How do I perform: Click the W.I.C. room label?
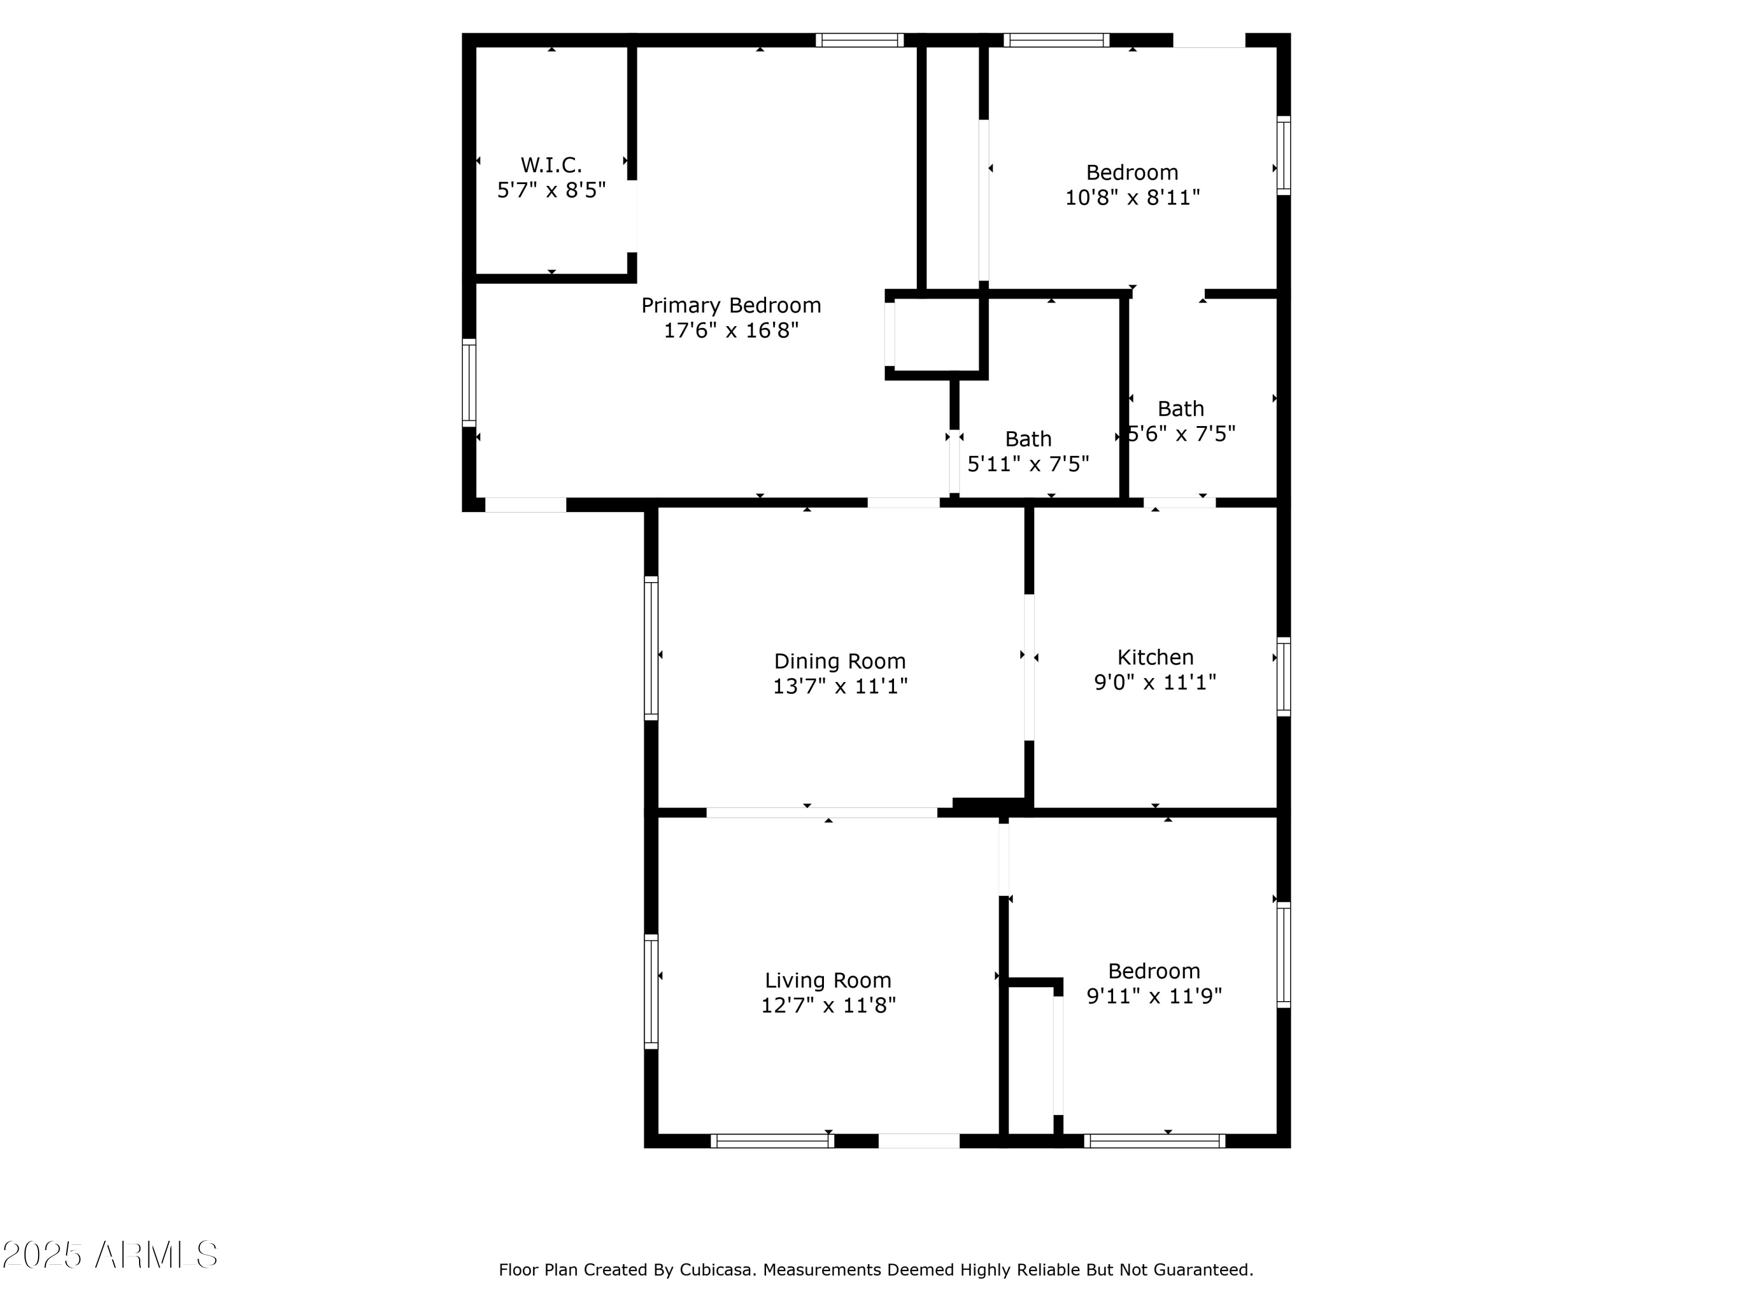pyautogui.click(x=551, y=165)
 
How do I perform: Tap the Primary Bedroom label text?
pyautogui.click(x=730, y=305)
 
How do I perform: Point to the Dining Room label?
pyautogui.click(x=839, y=661)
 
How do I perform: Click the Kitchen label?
pyautogui.click(x=1155, y=657)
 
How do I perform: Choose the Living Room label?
pyautogui.click(x=827, y=981)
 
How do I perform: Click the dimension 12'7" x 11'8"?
pyautogui.click(x=828, y=1006)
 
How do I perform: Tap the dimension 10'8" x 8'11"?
pyautogui.click(x=1132, y=198)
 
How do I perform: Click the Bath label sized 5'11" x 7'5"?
pyautogui.click(x=1028, y=438)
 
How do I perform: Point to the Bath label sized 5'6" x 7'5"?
pyautogui.click(x=1180, y=409)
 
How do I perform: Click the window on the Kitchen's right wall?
pyautogui.click(x=1283, y=676)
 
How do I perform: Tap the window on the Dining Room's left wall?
pyautogui.click(x=650, y=648)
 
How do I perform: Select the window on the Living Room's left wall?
pyautogui.click(x=650, y=991)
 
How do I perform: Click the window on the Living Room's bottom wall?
pyautogui.click(x=772, y=1141)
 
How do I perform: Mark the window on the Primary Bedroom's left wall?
pyautogui.click(x=469, y=383)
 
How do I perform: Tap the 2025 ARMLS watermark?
pyautogui.click(x=110, y=1254)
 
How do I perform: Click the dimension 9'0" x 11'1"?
pyautogui.click(x=1155, y=683)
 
